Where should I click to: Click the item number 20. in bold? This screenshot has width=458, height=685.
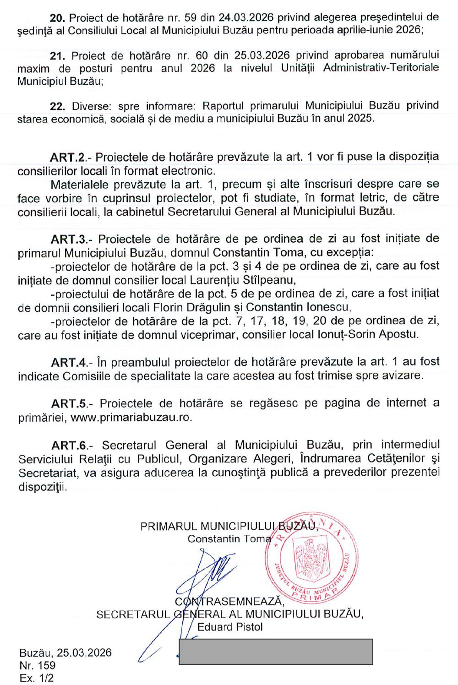[58, 18]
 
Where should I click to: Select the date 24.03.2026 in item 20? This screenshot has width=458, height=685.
[246, 18]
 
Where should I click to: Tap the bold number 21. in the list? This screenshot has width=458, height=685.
[58, 56]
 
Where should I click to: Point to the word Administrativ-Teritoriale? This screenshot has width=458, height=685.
[381, 68]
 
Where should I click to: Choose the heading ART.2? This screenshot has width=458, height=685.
[68, 158]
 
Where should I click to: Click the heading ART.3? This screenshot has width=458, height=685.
[69, 239]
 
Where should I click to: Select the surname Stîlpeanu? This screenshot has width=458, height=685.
[266, 280]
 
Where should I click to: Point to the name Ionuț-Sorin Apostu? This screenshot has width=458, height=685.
[368, 335]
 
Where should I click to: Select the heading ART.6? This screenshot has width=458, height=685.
[70, 446]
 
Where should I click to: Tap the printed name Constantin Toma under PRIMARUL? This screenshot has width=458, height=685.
[229, 539]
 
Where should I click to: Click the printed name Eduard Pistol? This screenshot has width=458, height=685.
[230, 627]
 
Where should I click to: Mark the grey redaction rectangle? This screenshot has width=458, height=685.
[276, 652]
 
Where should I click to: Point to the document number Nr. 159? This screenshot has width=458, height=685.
[38, 665]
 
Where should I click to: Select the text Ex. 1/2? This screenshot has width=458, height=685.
[37, 678]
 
